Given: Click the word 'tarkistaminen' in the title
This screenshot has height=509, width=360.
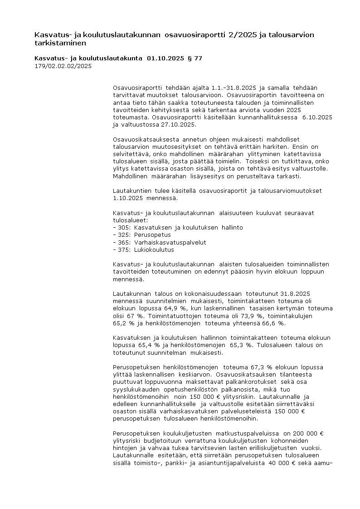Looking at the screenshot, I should (60, 43).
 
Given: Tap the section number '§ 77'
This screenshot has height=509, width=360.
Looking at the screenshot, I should (195, 59).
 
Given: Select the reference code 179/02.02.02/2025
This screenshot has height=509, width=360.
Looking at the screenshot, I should (63, 66).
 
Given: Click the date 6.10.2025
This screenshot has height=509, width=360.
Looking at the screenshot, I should (317, 117).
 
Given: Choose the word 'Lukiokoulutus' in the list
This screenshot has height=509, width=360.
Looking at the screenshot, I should (154, 250).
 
